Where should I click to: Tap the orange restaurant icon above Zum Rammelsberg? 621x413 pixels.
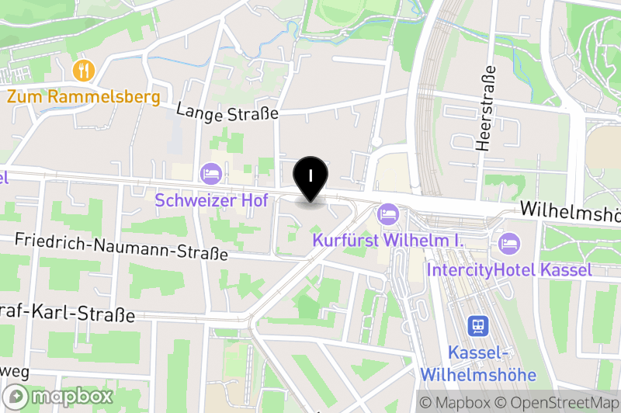click(83, 71)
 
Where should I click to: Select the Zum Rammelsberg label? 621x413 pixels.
click(84, 97)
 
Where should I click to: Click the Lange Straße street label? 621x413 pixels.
click(227, 112)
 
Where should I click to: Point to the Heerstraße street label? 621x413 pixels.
click(487, 108)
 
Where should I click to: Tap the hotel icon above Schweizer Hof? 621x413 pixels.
click(210, 173)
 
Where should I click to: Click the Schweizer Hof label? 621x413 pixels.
click(211, 200)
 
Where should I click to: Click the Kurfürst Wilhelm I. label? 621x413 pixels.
click(387, 241)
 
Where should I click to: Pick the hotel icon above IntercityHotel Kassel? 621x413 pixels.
click(509, 242)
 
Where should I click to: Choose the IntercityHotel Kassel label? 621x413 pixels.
click(509, 270)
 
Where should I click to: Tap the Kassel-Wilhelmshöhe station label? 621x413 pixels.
click(478, 363)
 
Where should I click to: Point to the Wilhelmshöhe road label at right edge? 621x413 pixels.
click(571, 210)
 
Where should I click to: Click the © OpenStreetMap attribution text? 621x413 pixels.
click(558, 403)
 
